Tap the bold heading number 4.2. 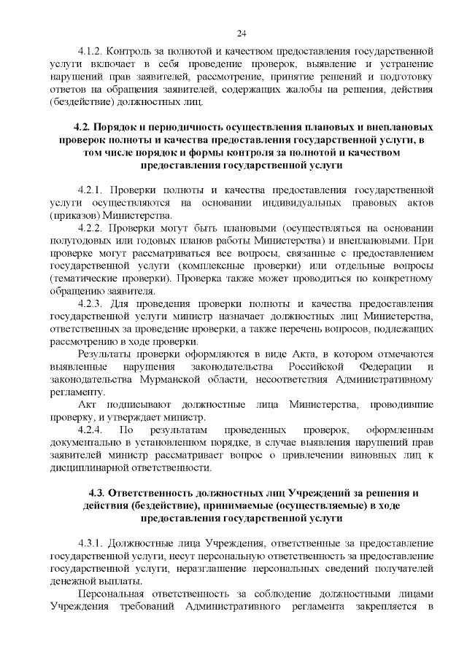click(77, 126)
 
